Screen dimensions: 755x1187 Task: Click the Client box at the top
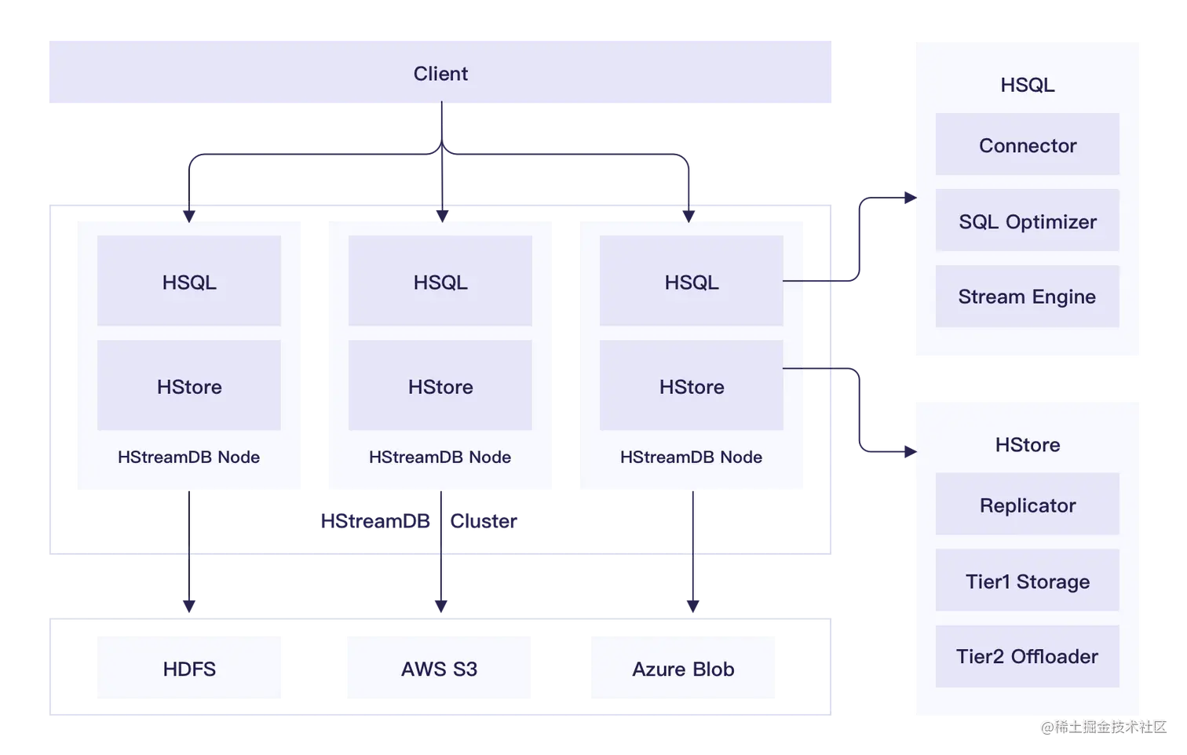pyautogui.click(x=440, y=73)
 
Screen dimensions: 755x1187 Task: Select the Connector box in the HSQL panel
pyautogui.click(x=1027, y=145)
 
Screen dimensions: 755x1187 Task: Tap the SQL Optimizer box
pyautogui.click(x=1027, y=221)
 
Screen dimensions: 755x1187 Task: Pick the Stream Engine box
pyautogui.click(x=1027, y=297)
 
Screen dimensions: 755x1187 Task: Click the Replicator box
pyautogui.click(x=1027, y=505)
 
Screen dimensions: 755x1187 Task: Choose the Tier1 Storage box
pyautogui.click(x=1027, y=581)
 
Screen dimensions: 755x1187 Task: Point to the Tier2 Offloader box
pyautogui.click(x=1027, y=656)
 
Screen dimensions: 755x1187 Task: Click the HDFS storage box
pyautogui.click(x=188, y=669)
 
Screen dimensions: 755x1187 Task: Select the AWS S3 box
pyautogui.click(x=440, y=669)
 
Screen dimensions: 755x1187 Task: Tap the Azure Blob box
pyautogui.click(x=681, y=669)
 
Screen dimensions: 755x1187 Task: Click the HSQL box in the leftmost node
pyautogui.click(x=188, y=282)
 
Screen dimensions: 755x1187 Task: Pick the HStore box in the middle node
pyautogui.click(x=440, y=386)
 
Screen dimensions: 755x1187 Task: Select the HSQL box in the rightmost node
pyautogui.click(x=691, y=282)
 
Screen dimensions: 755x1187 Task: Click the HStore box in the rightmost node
pyautogui.click(x=691, y=386)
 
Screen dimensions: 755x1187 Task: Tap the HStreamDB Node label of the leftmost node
pyautogui.click(x=188, y=457)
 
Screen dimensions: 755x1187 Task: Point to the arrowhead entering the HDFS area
pyautogui.click(x=189, y=604)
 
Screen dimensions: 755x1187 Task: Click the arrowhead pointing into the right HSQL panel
pyautogui.click(x=911, y=198)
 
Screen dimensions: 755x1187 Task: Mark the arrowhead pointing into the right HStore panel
pyautogui.click(x=911, y=451)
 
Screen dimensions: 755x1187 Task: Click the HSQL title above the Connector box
pyautogui.click(x=1027, y=85)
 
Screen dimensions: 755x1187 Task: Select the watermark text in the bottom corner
pyautogui.click(x=1103, y=726)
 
